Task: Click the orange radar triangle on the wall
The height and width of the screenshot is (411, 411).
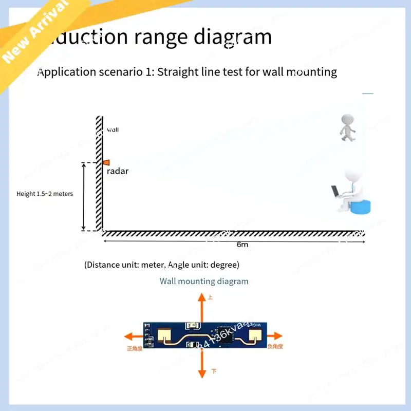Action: click(x=105, y=162)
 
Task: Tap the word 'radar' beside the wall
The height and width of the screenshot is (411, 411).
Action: click(x=118, y=171)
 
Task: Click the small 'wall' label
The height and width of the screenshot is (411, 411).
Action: click(x=113, y=130)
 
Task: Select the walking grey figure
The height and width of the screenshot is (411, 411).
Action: click(x=347, y=127)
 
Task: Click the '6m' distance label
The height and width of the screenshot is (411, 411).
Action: click(x=242, y=245)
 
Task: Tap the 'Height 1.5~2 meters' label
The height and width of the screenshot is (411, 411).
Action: click(x=45, y=194)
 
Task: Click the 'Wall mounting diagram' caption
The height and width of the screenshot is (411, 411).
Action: click(x=204, y=281)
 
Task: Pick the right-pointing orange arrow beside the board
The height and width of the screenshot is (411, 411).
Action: click(x=274, y=336)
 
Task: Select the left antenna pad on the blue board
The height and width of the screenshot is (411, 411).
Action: click(x=165, y=335)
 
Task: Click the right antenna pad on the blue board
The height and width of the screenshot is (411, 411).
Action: click(x=255, y=335)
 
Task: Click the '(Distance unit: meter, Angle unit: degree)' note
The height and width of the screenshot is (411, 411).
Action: click(x=161, y=265)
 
